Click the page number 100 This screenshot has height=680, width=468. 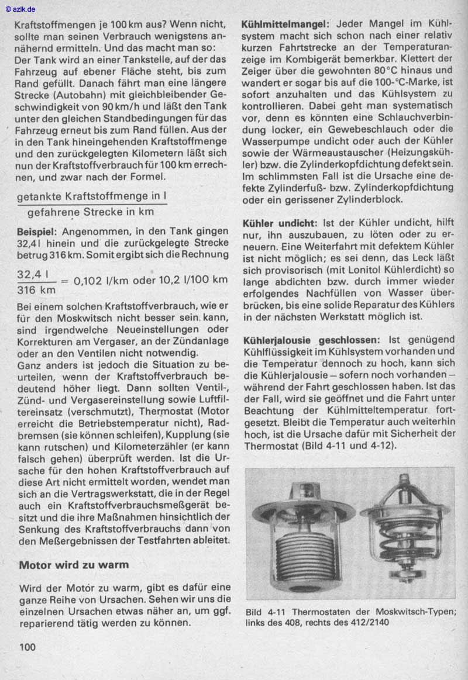[x=27, y=647]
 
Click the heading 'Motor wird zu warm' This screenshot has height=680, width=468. [x=74, y=565]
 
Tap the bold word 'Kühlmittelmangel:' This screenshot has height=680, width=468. [x=285, y=25]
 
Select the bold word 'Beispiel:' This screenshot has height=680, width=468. [x=36, y=232]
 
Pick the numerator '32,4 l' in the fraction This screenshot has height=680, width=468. [x=33, y=274]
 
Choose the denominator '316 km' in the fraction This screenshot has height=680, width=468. [x=36, y=289]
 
